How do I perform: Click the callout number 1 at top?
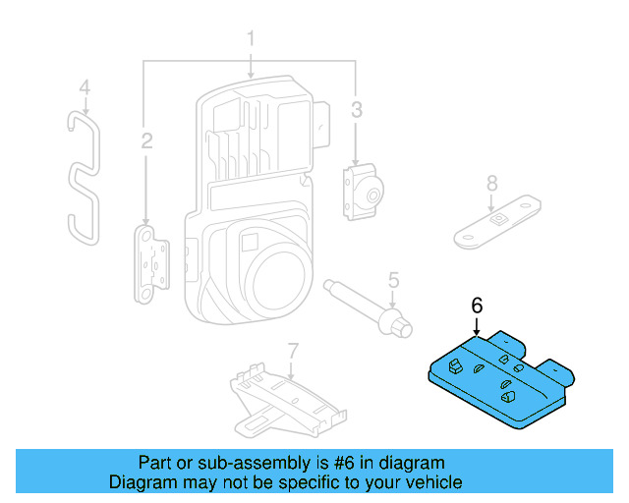click(x=251, y=39)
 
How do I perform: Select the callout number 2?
click(x=146, y=142)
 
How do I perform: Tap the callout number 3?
click(x=357, y=107)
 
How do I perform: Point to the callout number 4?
click(x=85, y=87)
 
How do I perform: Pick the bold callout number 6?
click(x=478, y=306)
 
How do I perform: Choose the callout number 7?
click(x=292, y=351)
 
